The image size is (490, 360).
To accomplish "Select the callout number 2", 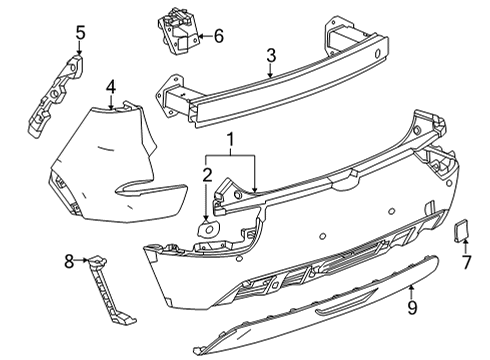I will pos(208,177).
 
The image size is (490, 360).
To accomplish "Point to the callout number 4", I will pos(111,86).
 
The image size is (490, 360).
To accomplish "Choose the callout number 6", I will pos(219,36).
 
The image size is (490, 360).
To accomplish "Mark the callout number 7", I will pos(466,263).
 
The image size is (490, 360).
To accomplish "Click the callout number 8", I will pos(69,262).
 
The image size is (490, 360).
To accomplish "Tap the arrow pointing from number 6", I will pos(200,36).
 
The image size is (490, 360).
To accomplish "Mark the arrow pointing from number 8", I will pos(83,262).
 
